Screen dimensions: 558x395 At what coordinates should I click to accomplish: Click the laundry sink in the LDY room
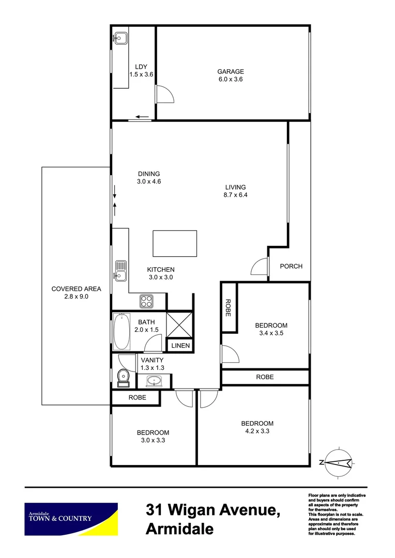click(x=121, y=38)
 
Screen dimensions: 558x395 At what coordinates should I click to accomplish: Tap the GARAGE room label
click(x=230, y=72)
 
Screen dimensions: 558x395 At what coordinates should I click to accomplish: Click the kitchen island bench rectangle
click(x=175, y=243)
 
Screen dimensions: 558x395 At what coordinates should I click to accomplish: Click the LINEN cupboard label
click(x=180, y=346)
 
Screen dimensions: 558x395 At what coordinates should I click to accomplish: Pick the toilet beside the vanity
click(x=123, y=378)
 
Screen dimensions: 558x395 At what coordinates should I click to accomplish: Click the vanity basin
click(x=154, y=382)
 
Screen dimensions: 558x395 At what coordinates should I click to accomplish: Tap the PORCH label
click(x=291, y=266)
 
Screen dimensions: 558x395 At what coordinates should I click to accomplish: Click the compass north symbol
click(x=337, y=462)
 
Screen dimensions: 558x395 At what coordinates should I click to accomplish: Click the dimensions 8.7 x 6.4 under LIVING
click(x=235, y=195)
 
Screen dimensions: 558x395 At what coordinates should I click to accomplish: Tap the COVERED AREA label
click(x=76, y=289)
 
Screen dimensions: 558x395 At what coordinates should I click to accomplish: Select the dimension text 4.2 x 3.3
click(x=256, y=430)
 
